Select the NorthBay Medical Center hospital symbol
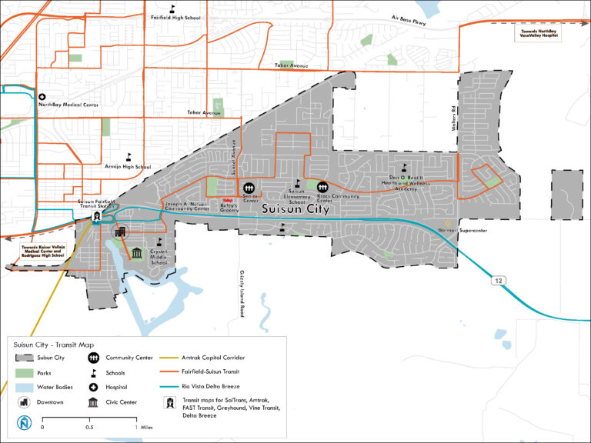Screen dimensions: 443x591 pos(42,97)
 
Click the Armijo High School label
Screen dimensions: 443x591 pos(128,166)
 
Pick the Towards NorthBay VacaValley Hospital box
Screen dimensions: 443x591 pos(535,35)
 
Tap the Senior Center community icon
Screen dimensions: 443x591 pos(249,187)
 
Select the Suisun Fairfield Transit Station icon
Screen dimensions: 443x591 pos(97,216)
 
